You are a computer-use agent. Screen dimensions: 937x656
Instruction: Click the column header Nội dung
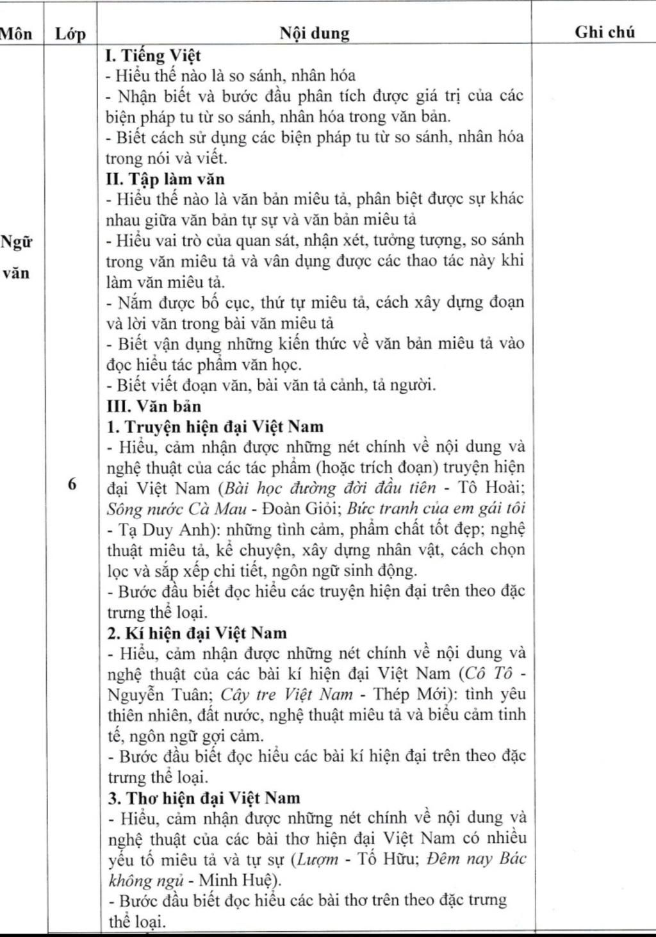pos(314,33)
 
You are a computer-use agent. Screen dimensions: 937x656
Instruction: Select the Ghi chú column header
pos(604,31)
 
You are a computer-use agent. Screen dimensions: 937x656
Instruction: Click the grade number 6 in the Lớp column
pos(71,484)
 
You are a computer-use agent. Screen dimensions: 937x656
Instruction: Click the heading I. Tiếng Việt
pos(153,55)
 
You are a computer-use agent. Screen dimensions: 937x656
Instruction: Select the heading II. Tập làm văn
pos(165,178)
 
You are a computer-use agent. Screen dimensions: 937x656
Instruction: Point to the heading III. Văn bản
pos(154,406)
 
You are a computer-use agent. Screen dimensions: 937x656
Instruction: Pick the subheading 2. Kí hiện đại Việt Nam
pos(197,633)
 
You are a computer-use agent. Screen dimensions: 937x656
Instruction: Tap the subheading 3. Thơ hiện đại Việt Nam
pos(204,797)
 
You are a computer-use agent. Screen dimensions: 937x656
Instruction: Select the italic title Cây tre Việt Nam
pos(286,694)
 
